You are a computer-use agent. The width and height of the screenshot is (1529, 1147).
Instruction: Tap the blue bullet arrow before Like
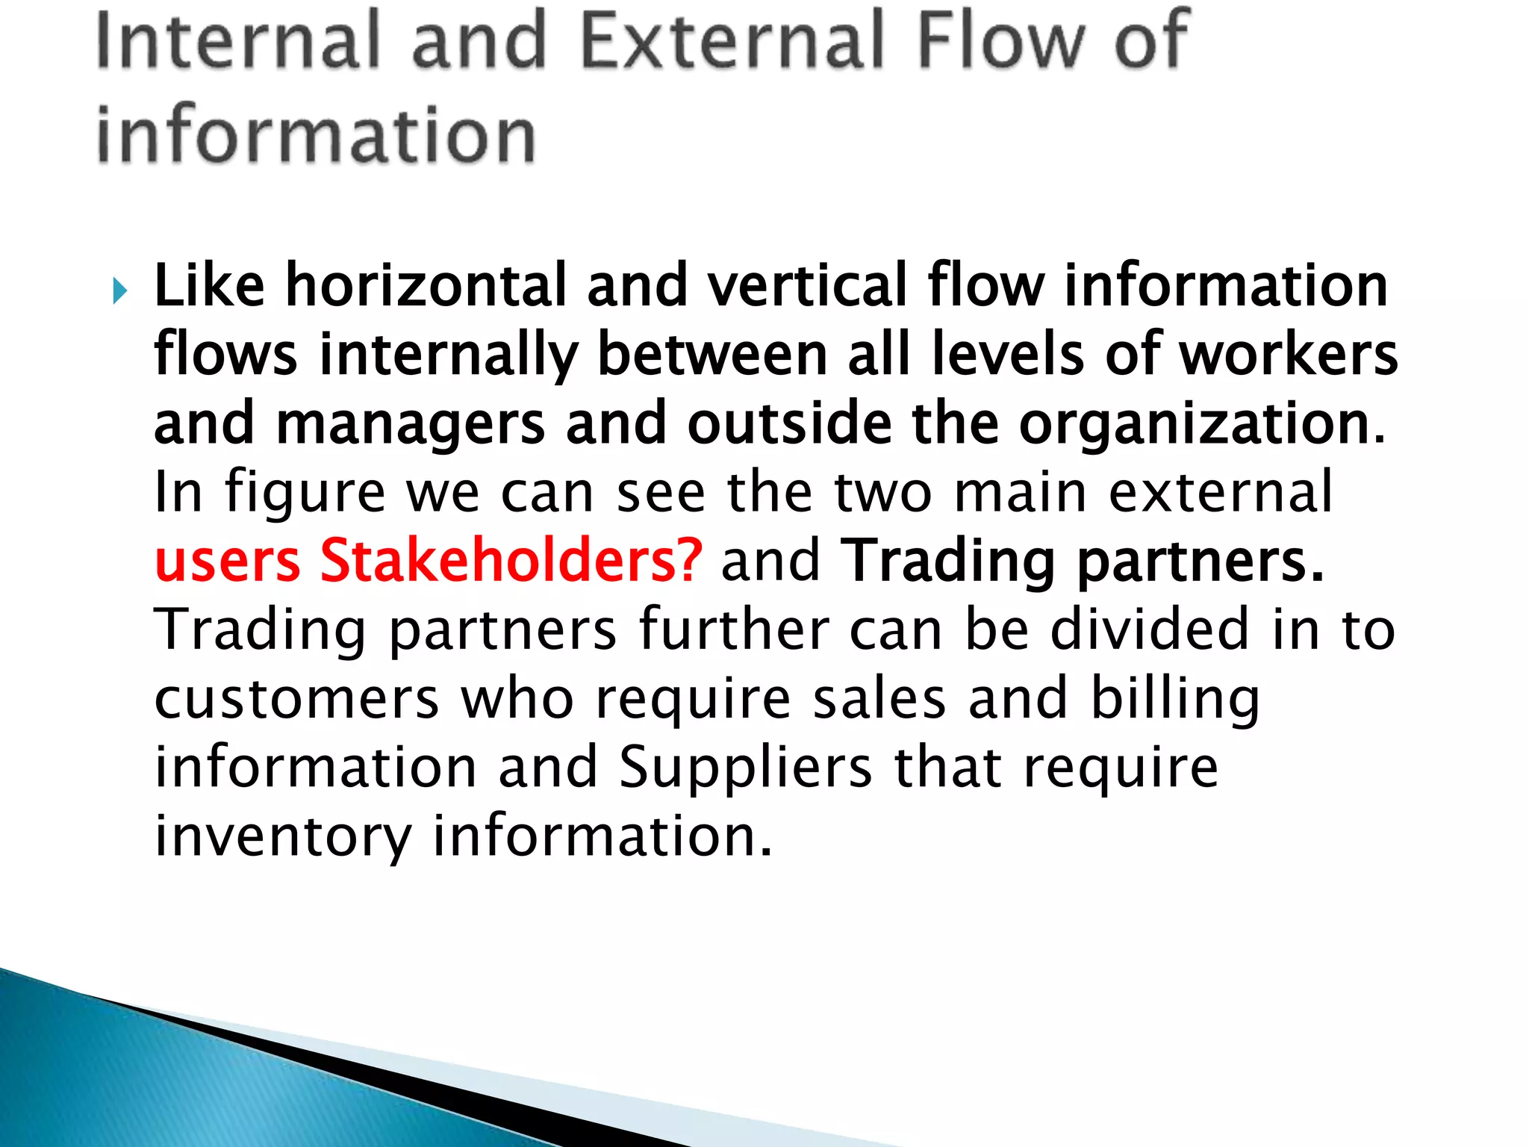click(120, 290)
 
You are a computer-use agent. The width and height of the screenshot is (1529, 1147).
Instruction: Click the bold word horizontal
click(426, 286)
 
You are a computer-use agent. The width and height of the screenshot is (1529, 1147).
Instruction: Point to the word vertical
click(807, 286)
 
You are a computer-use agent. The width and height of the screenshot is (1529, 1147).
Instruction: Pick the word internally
click(449, 355)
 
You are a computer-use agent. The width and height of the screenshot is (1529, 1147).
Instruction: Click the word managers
click(410, 423)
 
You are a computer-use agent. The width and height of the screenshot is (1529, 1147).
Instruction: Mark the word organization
click(1201, 423)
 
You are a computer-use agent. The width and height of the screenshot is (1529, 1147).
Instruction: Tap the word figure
click(305, 493)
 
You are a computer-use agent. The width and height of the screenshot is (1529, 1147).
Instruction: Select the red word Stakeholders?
click(511, 561)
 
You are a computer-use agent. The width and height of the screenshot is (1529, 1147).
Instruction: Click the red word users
click(227, 561)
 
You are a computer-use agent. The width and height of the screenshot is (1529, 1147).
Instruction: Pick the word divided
click(1150, 630)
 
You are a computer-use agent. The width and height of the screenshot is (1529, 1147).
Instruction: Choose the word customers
click(296, 699)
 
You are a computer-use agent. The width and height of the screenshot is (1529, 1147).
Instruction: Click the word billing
click(1175, 699)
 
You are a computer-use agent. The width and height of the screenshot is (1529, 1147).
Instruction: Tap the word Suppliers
click(745, 768)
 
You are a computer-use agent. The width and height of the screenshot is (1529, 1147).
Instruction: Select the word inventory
click(283, 836)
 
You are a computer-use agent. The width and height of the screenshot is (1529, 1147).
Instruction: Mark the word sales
click(879, 699)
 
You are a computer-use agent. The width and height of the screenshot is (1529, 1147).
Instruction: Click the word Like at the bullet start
click(209, 286)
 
